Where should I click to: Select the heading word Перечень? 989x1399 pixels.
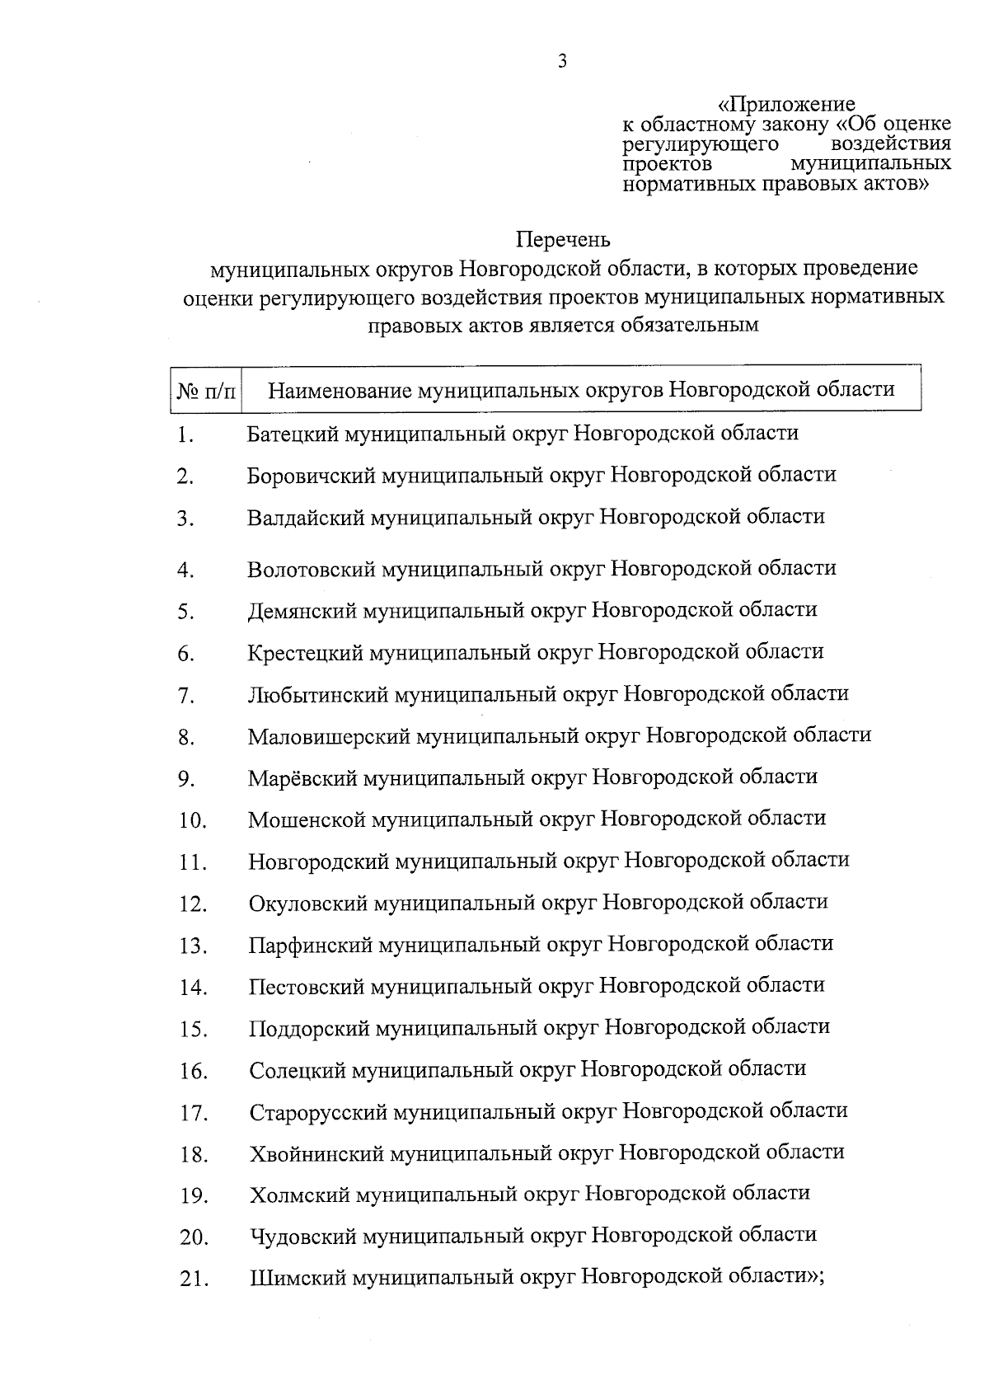coord(563,240)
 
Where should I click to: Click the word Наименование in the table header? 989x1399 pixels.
coord(340,389)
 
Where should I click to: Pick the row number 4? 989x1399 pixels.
coord(185,570)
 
